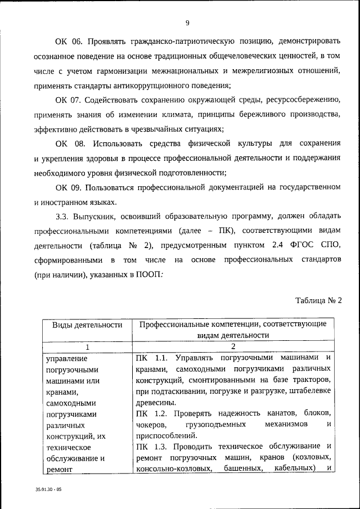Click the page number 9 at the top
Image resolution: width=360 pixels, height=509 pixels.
(187, 22)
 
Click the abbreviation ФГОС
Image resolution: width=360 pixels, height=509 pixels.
(299, 246)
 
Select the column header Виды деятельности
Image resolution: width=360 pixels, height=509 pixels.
(88, 325)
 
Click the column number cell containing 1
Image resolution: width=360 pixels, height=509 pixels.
(88, 346)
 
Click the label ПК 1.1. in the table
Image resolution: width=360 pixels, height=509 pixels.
(153, 357)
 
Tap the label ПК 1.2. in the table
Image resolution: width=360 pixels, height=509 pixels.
(153, 414)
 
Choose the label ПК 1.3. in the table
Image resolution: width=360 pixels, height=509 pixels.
(153, 447)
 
